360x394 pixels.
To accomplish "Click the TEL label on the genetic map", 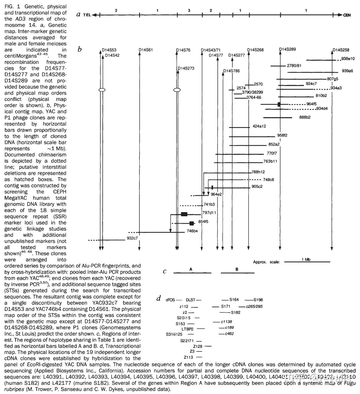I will point(87,15).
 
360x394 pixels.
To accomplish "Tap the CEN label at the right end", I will point(347,15).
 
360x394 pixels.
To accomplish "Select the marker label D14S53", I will point(109,50).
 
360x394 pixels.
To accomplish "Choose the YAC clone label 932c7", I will point(132,238).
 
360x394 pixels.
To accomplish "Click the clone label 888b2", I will point(305,117).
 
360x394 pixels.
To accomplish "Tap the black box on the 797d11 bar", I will point(184,214).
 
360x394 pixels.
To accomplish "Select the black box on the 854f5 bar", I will point(192,223).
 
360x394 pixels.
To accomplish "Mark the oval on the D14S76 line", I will point(177,90).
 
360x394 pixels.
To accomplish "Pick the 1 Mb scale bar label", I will point(306,259).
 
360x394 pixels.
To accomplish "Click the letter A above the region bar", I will point(191,269).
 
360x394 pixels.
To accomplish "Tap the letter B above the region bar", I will point(237,269).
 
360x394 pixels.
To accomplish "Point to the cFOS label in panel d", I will point(170,300).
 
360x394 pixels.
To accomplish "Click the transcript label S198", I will point(258,300).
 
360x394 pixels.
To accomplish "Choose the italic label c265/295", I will point(254,306).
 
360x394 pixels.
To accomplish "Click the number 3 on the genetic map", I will point(189,10).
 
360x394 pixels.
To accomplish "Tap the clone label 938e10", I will point(348,59).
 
